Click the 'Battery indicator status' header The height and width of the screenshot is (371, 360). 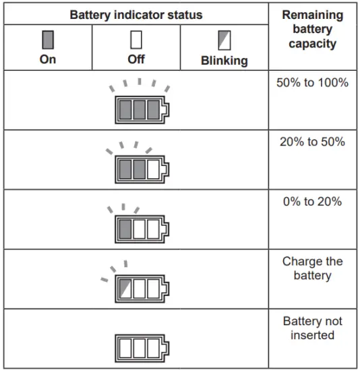pyautogui.click(x=136, y=14)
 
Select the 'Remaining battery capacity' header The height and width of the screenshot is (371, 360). pyautogui.click(x=312, y=29)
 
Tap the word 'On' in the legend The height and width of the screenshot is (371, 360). pyautogui.click(x=48, y=59)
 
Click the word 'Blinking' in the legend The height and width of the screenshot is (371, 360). pyautogui.click(x=224, y=61)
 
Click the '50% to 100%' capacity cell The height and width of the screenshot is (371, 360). pyautogui.click(x=312, y=83)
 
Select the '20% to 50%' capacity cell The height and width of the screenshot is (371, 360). pyautogui.click(x=312, y=142)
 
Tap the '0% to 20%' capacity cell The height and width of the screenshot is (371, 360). pyautogui.click(x=312, y=202)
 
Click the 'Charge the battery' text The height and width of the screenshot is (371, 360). pyautogui.click(x=312, y=268)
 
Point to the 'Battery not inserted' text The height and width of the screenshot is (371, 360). pyautogui.click(x=312, y=328)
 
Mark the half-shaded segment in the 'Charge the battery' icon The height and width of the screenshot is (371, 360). pyautogui.click(x=125, y=288)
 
